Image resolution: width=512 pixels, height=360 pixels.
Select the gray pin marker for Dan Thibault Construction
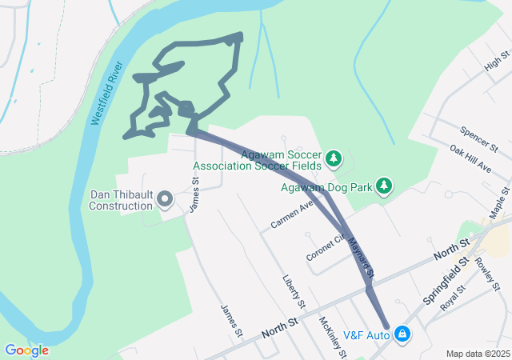pyautogui.click(x=166, y=198)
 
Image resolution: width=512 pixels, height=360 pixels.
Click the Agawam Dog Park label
pyautogui.click(x=327, y=188)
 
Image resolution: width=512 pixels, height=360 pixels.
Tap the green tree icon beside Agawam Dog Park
pyautogui.click(x=385, y=186)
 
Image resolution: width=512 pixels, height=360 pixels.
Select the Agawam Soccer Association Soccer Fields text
pyautogui.click(x=257, y=161)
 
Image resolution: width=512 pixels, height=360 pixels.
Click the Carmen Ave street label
pyautogui.click(x=292, y=215)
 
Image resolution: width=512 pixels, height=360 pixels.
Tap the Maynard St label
pyautogui.click(x=361, y=250)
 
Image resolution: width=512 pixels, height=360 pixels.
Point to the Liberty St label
pyautogui.click(x=294, y=292)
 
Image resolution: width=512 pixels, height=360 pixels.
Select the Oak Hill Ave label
pyautogui.click(x=470, y=159)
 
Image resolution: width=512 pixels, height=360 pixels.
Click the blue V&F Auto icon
pyautogui.click(x=403, y=334)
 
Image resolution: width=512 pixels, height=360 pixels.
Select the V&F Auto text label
pyautogui.click(x=366, y=334)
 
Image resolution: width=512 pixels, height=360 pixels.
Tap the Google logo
pyautogui.click(x=26, y=350)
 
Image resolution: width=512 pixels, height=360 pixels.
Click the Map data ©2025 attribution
pyautogui.click(x=477, y=354)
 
